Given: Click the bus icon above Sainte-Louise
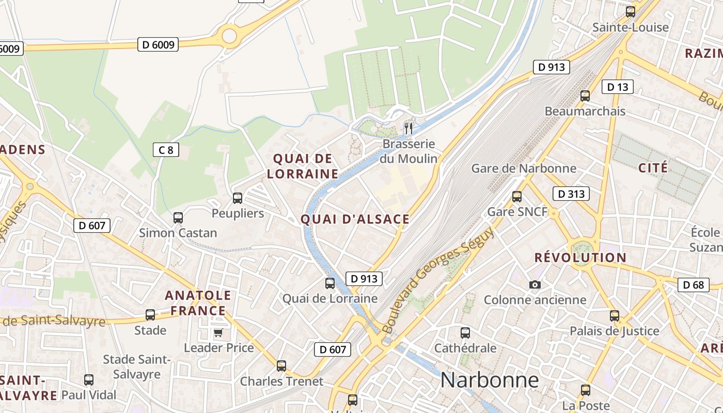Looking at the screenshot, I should tap(630, 11).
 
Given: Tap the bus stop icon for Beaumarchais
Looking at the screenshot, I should tap(585, 96).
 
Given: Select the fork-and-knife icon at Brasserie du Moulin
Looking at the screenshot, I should tap(408, 128).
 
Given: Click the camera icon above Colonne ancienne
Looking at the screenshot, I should tap(535, 284).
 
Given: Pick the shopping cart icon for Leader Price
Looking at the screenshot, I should tap(218, 332).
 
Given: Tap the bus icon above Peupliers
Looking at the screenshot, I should tap(238, 198).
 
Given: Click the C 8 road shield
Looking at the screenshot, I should tap(166, 150).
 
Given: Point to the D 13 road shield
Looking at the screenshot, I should tap(618, 87).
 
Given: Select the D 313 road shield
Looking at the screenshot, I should tap(571, 194).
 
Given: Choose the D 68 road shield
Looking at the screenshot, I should tap(694, 284).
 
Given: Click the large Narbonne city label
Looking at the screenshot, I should tap(489, 380).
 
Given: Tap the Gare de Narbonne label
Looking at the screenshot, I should tap(524, 168).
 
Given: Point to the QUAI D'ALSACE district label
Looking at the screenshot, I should tap(355, 219).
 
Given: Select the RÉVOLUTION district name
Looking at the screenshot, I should tap(580, 257).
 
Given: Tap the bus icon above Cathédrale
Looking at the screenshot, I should tap(465, 333).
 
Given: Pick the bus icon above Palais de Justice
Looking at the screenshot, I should tap(614, 315).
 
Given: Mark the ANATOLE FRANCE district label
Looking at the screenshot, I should tap(198, 303).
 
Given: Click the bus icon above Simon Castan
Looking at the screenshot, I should tap(178, 217).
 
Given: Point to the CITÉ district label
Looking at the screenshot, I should tap(653, 168).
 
